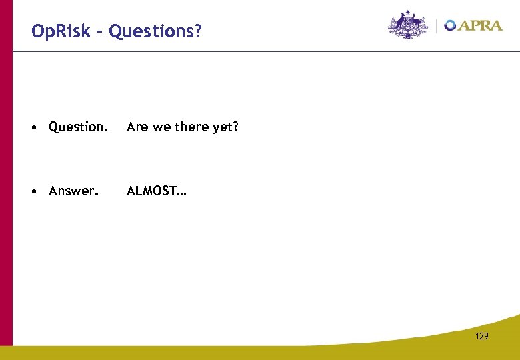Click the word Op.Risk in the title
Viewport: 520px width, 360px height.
(59, 31)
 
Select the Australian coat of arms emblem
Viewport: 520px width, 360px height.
(408, 25)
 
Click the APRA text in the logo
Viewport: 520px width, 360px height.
(480, 25)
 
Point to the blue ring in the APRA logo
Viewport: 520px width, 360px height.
(451, 25)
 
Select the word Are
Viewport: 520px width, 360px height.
(137, 127)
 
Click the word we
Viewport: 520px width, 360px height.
(161, 127)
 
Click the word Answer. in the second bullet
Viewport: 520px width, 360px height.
(74, 191)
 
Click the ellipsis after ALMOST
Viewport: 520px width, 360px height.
(182, 195)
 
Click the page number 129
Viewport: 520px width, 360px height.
(482, 336)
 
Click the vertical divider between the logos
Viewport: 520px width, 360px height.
(436, 25)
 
